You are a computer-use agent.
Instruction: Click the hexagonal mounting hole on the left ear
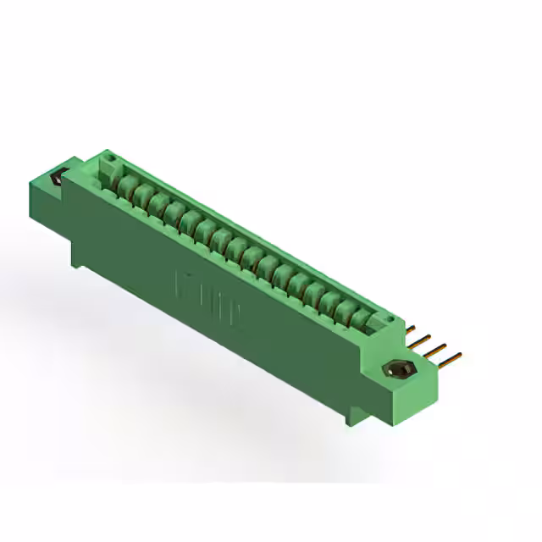[58, 179]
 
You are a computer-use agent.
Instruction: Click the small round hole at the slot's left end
[108, 158]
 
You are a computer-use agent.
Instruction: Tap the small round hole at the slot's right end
[392, 319]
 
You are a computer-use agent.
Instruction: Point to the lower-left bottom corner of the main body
[78, 263]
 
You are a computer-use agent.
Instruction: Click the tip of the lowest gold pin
[458, 356]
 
